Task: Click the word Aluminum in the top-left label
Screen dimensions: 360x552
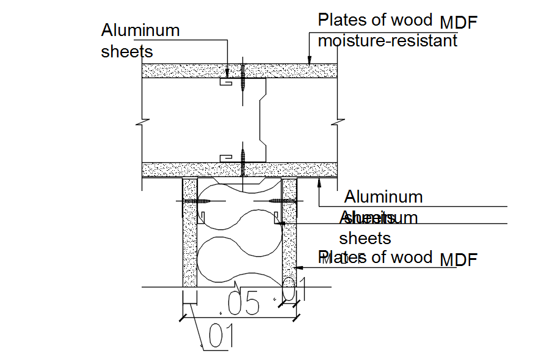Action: (x=140, y=30)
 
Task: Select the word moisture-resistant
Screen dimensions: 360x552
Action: (x=387, y=41)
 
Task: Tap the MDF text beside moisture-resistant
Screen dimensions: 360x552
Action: (x=458, y=23)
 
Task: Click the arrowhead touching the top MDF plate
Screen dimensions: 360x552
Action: (x=310, y=60)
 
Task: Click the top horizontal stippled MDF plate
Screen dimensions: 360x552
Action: (x=183, y=70)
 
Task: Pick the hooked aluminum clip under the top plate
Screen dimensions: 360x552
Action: (x=226, y=82)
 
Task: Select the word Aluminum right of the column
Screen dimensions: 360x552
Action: (x=383, y=197)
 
